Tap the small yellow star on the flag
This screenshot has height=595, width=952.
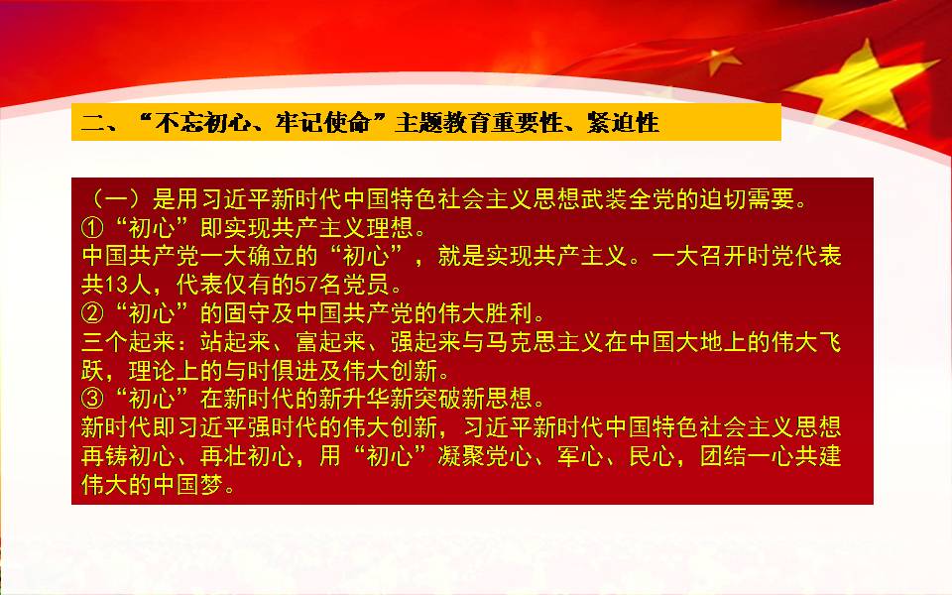tap(722, 59)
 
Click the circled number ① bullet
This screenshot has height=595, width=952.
tap(92, 228)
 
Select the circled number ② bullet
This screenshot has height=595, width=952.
tap(92, 314)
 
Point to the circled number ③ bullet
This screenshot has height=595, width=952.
tap(92, 399)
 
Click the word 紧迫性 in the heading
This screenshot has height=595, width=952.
tap(623, 123)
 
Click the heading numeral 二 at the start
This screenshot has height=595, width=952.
tap(93, 123)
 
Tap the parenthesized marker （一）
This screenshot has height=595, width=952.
tap(116, 199)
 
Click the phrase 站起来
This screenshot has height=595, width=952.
tap(236, 342)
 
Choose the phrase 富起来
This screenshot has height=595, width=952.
tap(330, 342)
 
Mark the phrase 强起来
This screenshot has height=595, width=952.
tap(425, 342)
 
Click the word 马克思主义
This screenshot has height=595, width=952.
tap(544, 342)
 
